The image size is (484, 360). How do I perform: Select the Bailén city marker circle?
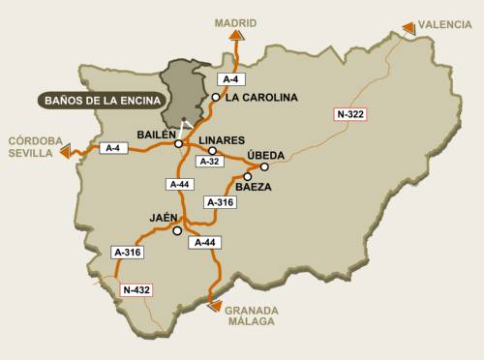(x=178, y=144)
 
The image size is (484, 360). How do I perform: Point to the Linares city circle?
(x=212, y=151)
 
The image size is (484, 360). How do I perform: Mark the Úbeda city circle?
(x=264, y=166)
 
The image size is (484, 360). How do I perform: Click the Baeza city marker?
(x=248, y=177)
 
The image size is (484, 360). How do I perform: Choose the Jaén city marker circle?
(x=176, y=231)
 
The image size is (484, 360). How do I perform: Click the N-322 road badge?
(x=351, y=115)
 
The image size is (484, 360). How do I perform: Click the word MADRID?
(x=235, y=18)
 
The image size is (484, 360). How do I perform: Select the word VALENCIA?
(x=447, y=23)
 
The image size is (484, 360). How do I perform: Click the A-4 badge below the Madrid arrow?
(x=229, y=77)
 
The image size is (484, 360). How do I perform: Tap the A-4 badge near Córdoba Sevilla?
(x=113, y=148)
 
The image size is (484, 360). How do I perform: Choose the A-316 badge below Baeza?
(x=220, y=202)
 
